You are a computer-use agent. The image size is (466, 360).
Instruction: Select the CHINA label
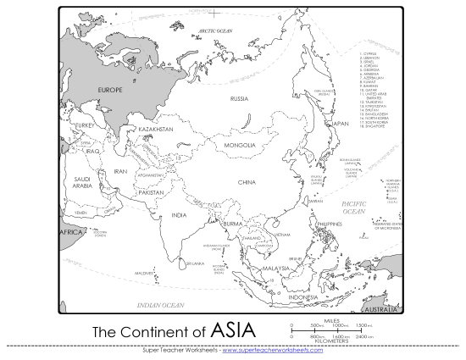pyautogui.click(x=247, y=182)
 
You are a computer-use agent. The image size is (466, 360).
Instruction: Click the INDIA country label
pyautogui.click(x=179, y=215)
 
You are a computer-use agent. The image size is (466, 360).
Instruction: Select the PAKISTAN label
pyautogui.click(x=150, y=192)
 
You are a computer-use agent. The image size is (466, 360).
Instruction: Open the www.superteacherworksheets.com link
pyautogui.click(x=271, y=351)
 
